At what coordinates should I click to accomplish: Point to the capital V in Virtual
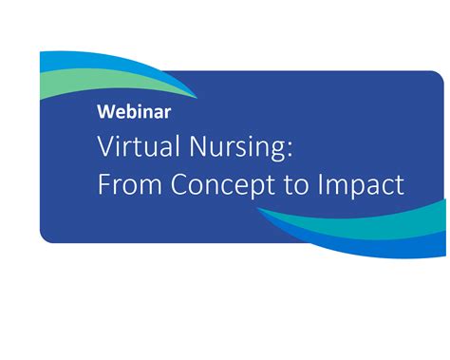click(105, 147)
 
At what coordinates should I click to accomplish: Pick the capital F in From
click(103, 183)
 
